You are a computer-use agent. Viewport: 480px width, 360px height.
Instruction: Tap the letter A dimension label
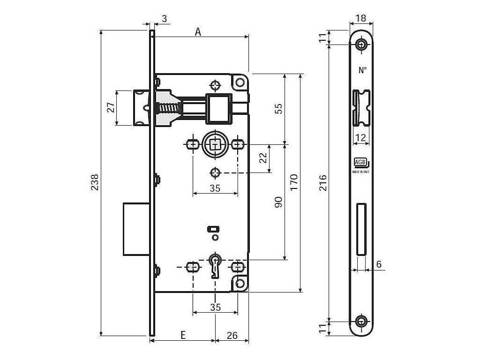(198, 31)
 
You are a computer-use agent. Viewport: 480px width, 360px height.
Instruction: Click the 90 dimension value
(278, 202)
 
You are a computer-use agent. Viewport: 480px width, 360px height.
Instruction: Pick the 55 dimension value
(278, 109)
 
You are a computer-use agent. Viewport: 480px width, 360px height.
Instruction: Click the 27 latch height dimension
(111, 108)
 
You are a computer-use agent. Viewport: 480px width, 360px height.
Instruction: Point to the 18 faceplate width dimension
(360, 18)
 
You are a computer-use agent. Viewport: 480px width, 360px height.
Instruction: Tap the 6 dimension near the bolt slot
(379, 264)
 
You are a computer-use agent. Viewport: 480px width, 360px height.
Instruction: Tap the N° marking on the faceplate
(362, 70)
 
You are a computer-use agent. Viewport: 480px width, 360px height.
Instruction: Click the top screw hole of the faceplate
(361, 45)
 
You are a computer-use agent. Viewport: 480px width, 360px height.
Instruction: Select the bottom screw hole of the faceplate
(361, 322)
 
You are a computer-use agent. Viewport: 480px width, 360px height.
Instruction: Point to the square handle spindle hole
(215, 144)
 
